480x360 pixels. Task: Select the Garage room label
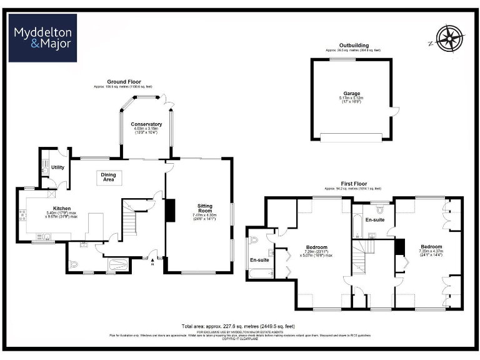click(351, 94)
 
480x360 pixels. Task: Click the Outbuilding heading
click(353, 46)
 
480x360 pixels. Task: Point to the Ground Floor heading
click(124, 82)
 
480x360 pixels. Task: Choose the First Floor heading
click(354, 184)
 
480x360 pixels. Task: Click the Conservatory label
click(146, 124)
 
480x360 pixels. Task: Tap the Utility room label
click(58, 167)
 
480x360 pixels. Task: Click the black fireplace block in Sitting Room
click(169, 210)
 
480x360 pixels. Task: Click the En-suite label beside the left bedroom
click(259, 260)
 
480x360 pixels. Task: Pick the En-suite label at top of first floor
click(375, 221)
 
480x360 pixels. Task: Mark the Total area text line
click(238, 326)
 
